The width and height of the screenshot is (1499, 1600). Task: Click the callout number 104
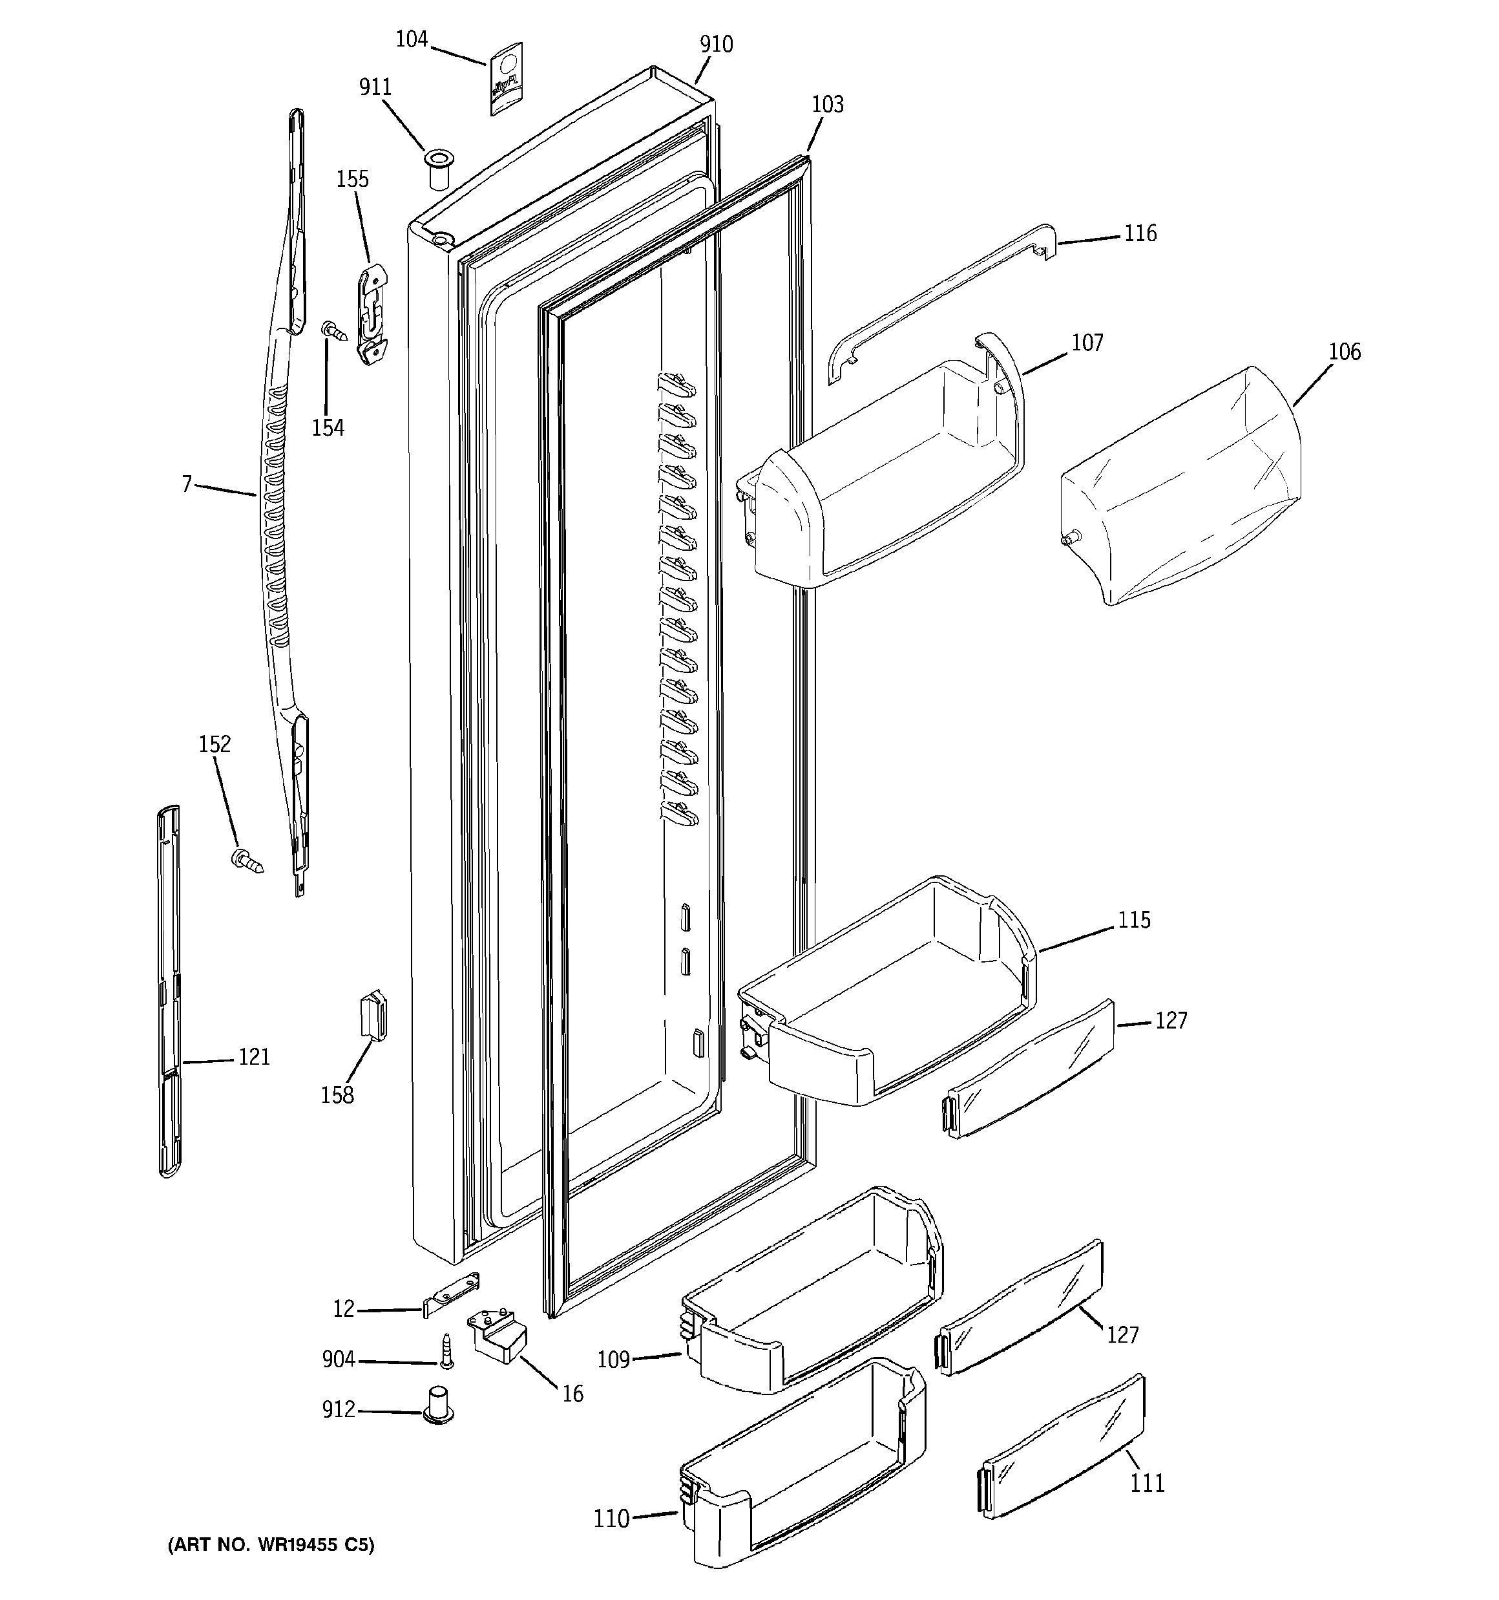[x=411, y=39]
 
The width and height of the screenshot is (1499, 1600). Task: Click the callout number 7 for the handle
[x=187, y=484]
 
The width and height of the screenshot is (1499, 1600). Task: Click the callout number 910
[x=716, y=44]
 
